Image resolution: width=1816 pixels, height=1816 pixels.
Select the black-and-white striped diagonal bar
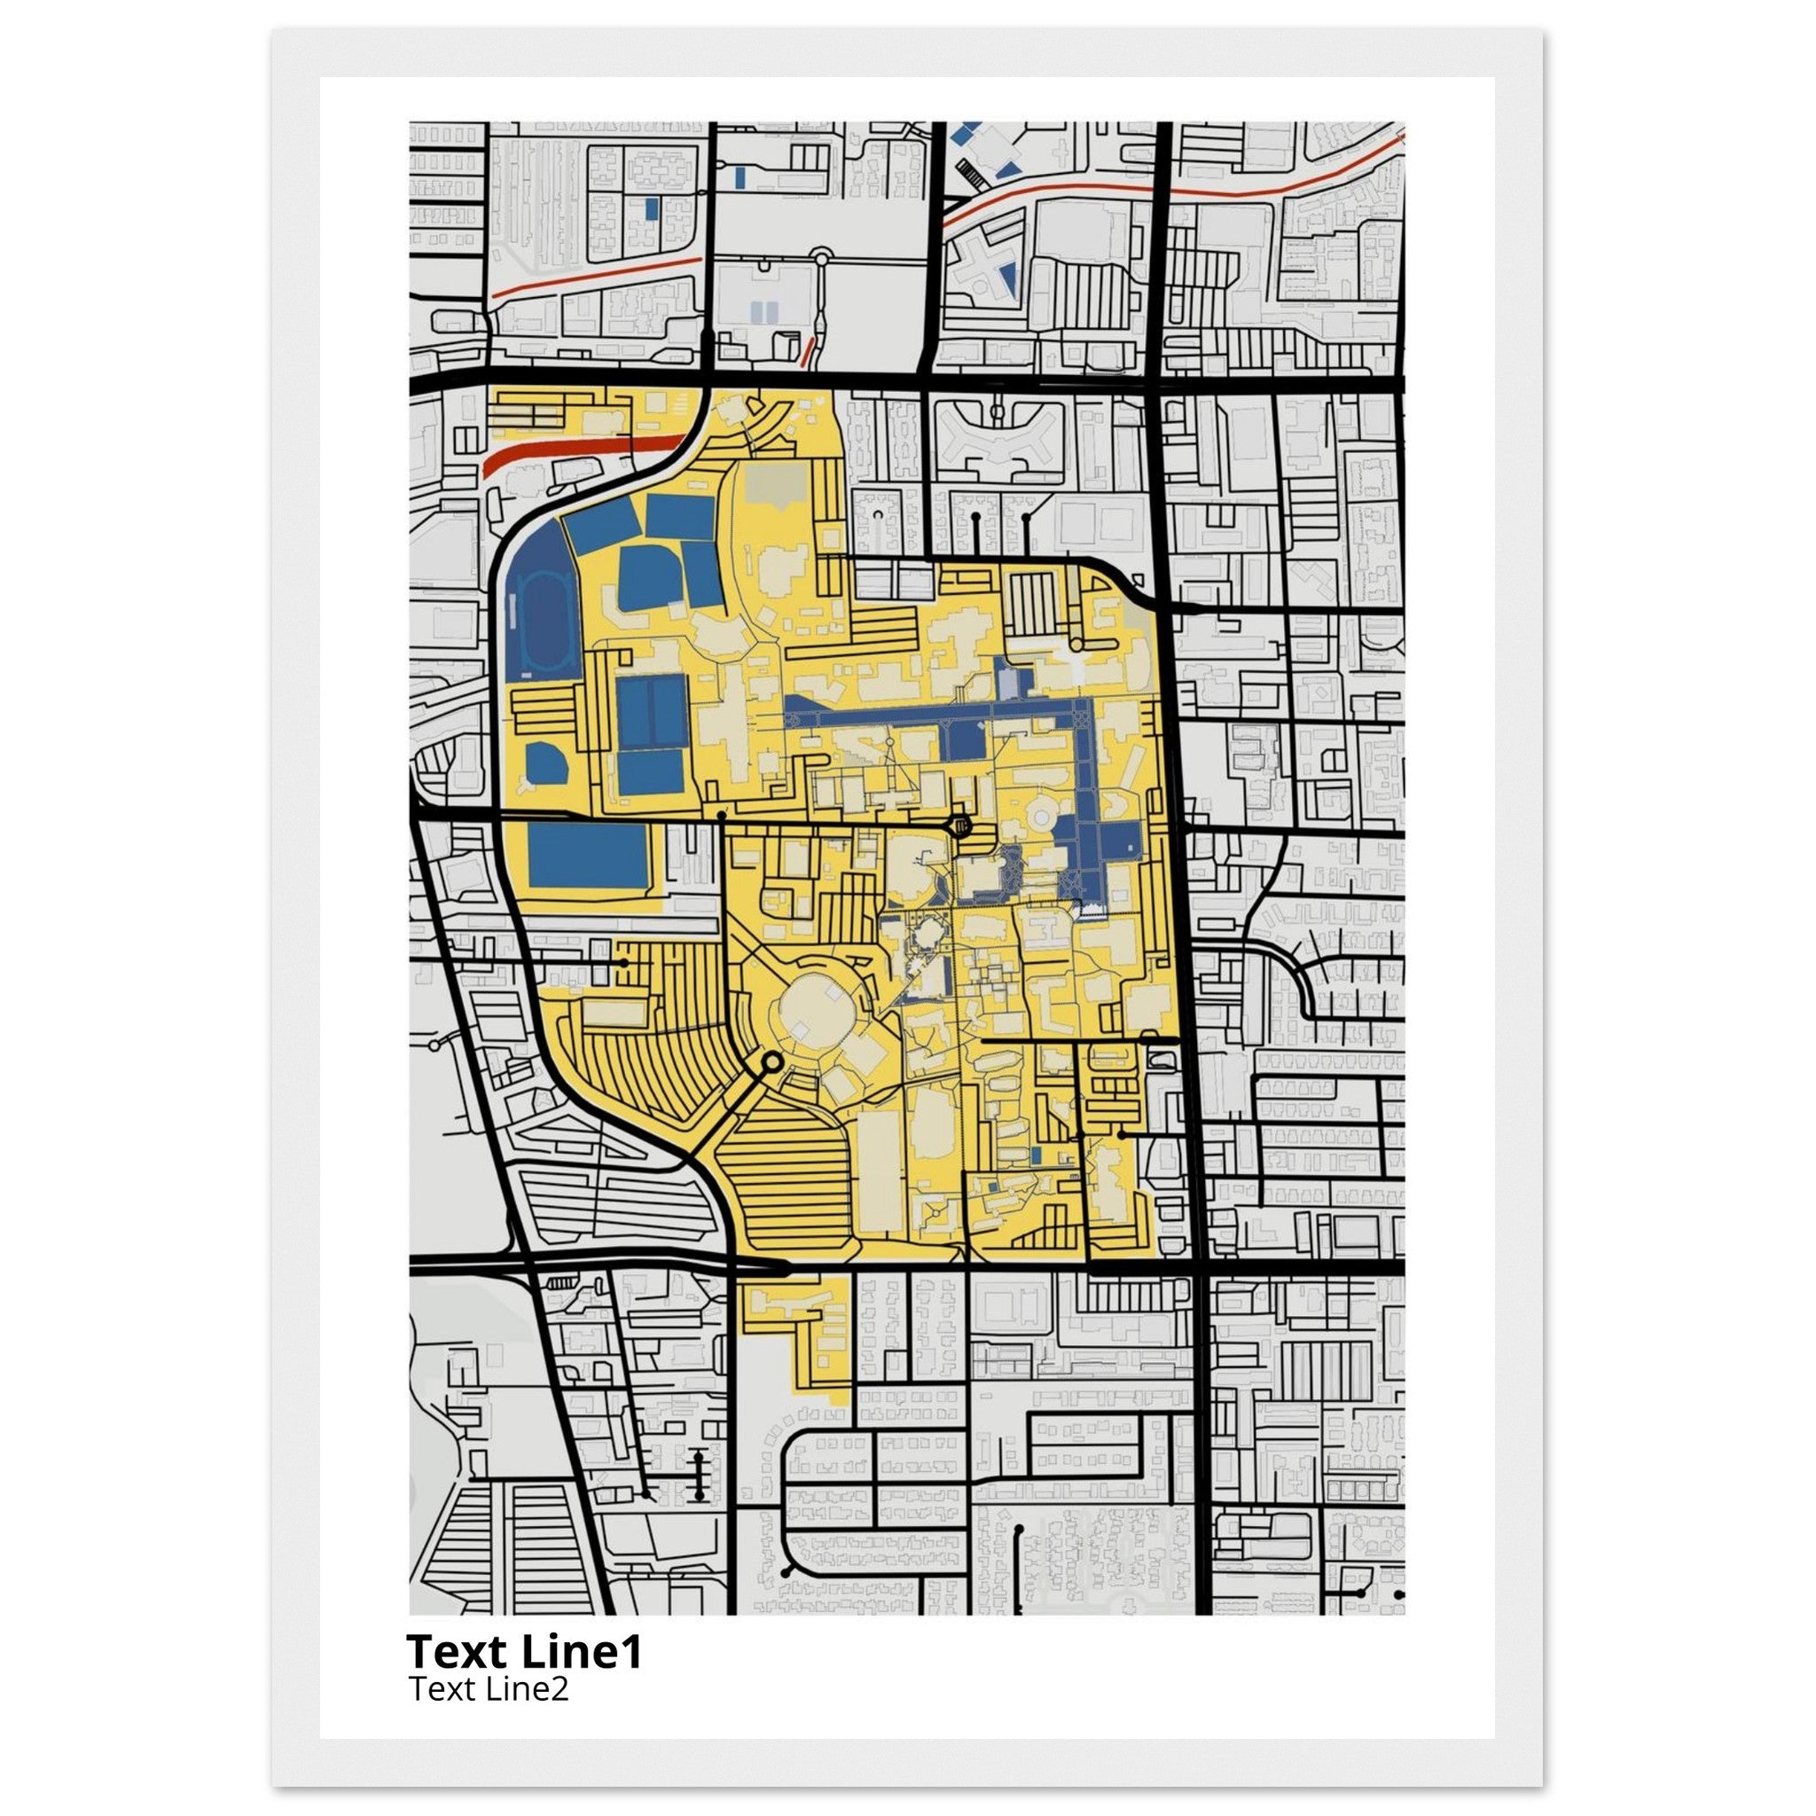tap(967, 173)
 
